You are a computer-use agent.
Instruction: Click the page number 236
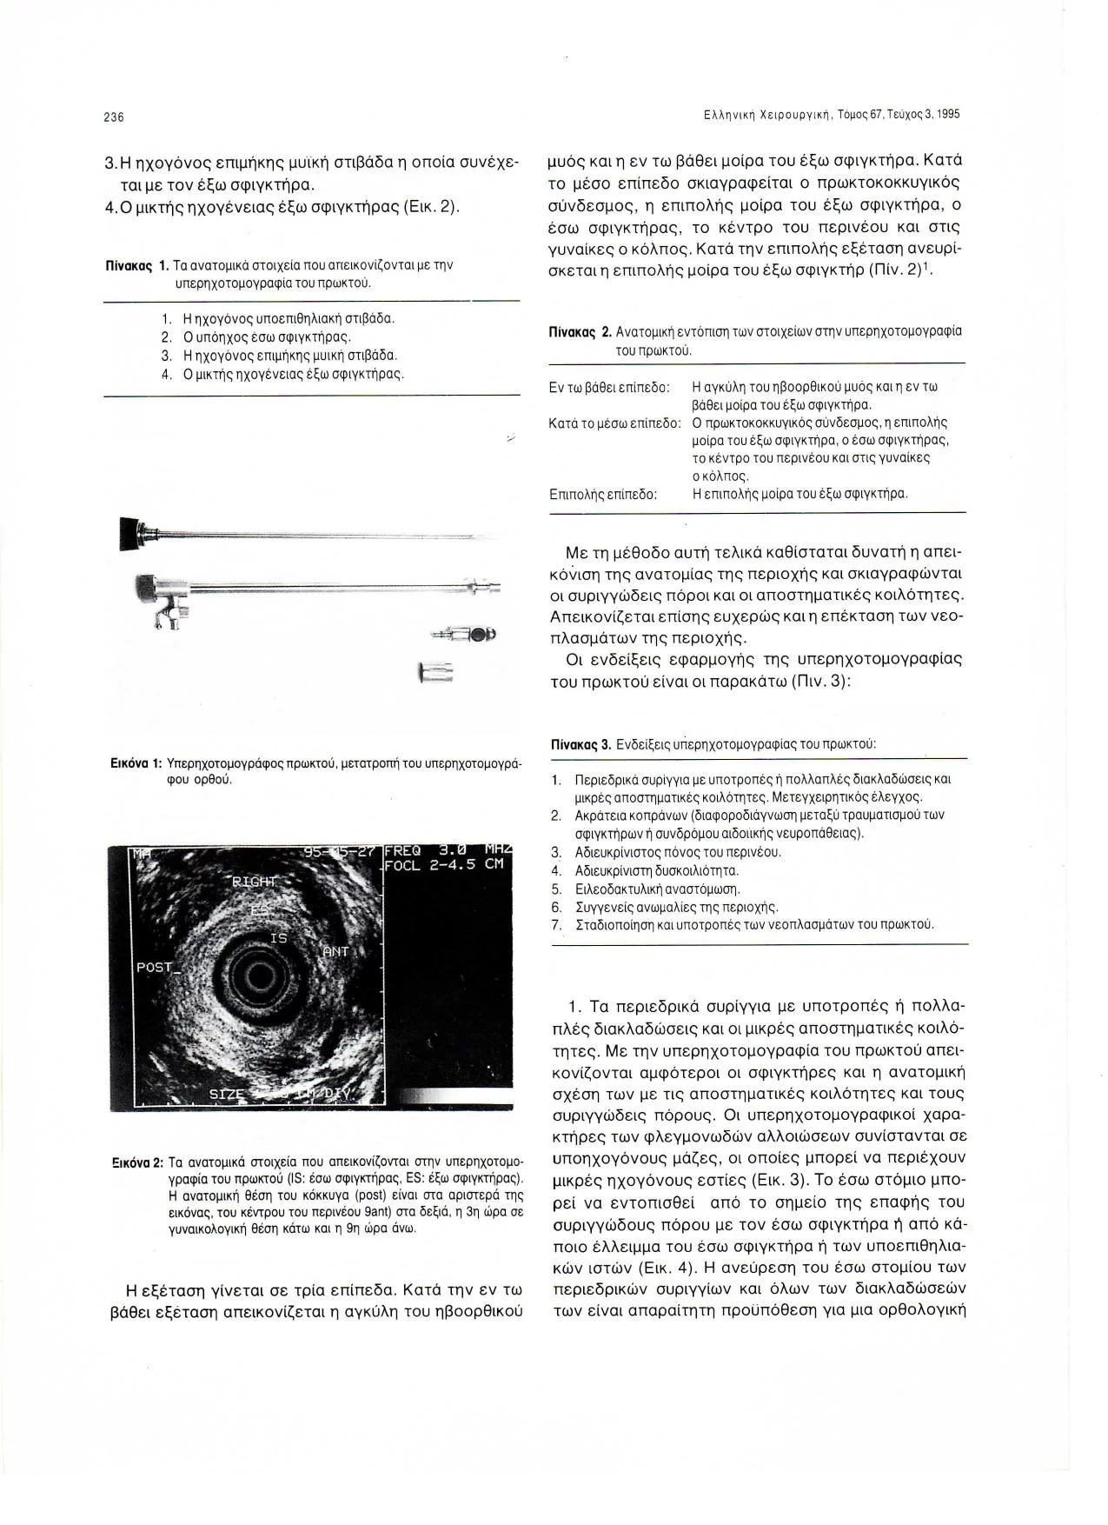(x=114, y=117)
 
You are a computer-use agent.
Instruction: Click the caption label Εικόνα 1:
(x=131, y=763)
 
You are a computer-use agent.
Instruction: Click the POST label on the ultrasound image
(x=155, y=967)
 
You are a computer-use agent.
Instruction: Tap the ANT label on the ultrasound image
(x=335, y=951)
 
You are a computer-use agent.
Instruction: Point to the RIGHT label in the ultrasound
(x=252, y=882)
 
